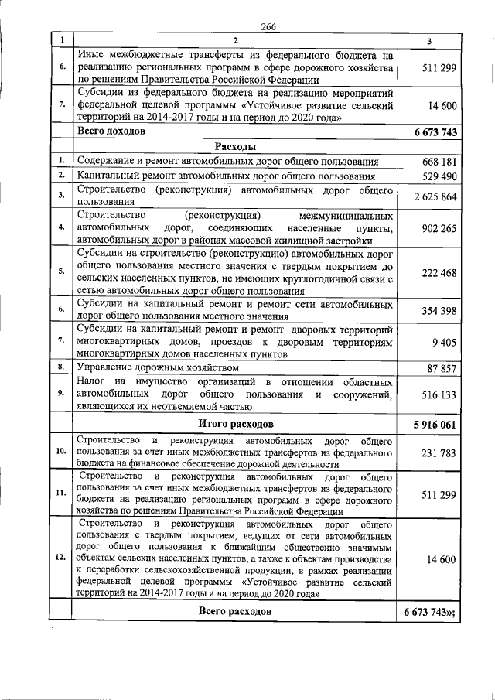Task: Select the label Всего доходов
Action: pos(111,131)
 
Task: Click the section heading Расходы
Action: pos(235,146)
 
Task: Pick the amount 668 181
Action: pos(439,162)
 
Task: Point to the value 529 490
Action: pos(439,176)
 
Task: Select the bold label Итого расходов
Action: pos(235,424)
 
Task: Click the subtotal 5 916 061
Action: pos(435,425)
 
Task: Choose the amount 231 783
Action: pos(439,452)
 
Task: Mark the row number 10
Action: pos(60,451)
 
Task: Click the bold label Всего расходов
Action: pos(235,610)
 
